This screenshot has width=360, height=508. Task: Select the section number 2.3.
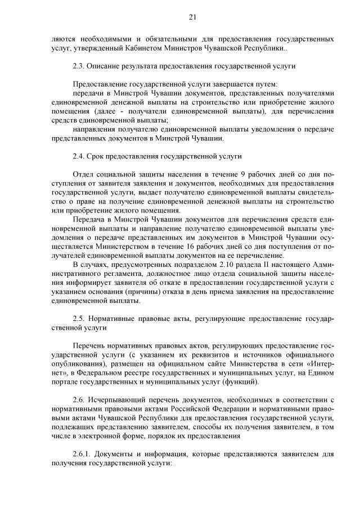pyautogui.click(x=79, y=66)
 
